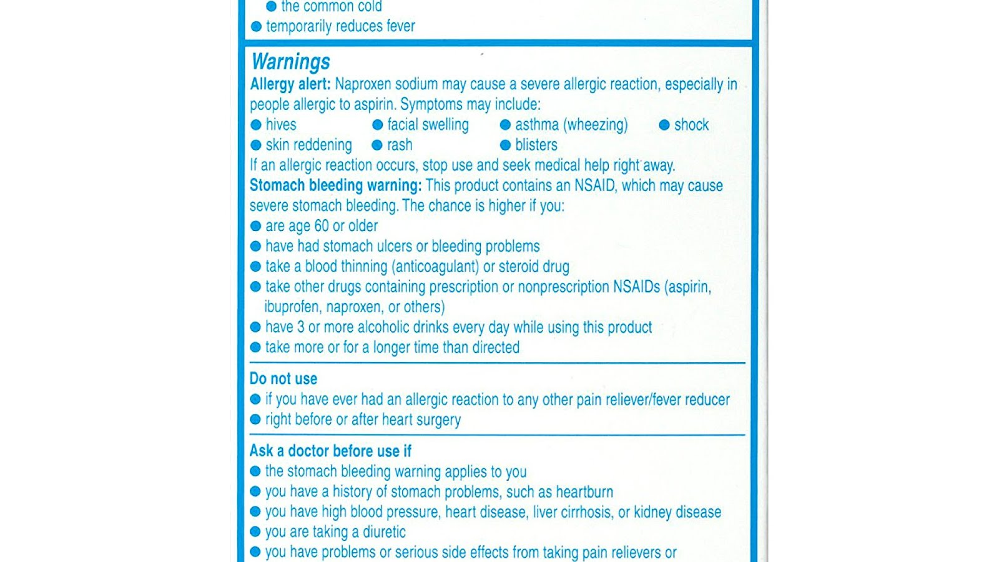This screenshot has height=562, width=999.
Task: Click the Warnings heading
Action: click(x=290, y=62)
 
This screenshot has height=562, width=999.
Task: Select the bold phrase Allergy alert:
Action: click(x=290, y=84)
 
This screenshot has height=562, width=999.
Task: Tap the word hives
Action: click(x=281, y=125)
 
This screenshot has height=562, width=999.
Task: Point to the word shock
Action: click(x=691, y=125)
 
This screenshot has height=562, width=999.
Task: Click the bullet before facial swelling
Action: click(x=377, y=125)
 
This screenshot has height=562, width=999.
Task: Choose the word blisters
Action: click(x=536, y=145)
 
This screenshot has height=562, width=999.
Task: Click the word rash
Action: click(x=400, y=145)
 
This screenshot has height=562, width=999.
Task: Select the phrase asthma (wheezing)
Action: click(x=571, y=125)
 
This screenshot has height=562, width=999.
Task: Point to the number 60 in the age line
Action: click(x=322, y=226)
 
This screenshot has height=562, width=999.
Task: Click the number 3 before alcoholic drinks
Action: click(x=300, y=327)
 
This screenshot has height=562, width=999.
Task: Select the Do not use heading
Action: click(x=283, y=379)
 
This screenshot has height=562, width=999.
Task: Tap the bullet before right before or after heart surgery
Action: click(x=255, y=420)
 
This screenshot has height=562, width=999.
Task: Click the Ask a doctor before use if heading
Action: click(x=330, y=451)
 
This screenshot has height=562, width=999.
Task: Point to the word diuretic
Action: click(x=384, y=532)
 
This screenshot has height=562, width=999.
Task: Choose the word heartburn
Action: click(x=584, y=492)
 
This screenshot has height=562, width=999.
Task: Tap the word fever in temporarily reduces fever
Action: click(x=400, y=26)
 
